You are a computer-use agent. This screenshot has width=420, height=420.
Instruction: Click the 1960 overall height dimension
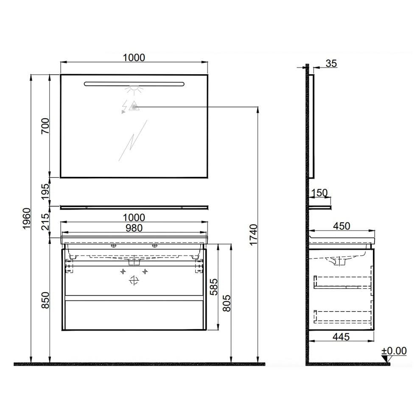27,218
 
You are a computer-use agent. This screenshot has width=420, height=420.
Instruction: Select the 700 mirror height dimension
45,126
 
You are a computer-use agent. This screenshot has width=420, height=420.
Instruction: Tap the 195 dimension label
45,191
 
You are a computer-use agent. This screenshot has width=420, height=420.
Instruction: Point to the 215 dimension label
45,221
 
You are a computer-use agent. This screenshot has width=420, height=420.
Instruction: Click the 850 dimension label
45,300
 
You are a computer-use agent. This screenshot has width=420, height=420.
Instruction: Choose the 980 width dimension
134,228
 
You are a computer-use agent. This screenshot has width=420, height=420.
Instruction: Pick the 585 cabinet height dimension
214,287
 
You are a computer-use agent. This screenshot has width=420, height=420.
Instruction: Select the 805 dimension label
227,303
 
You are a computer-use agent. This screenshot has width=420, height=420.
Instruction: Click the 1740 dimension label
253,235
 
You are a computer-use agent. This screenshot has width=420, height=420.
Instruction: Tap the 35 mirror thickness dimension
331,64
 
